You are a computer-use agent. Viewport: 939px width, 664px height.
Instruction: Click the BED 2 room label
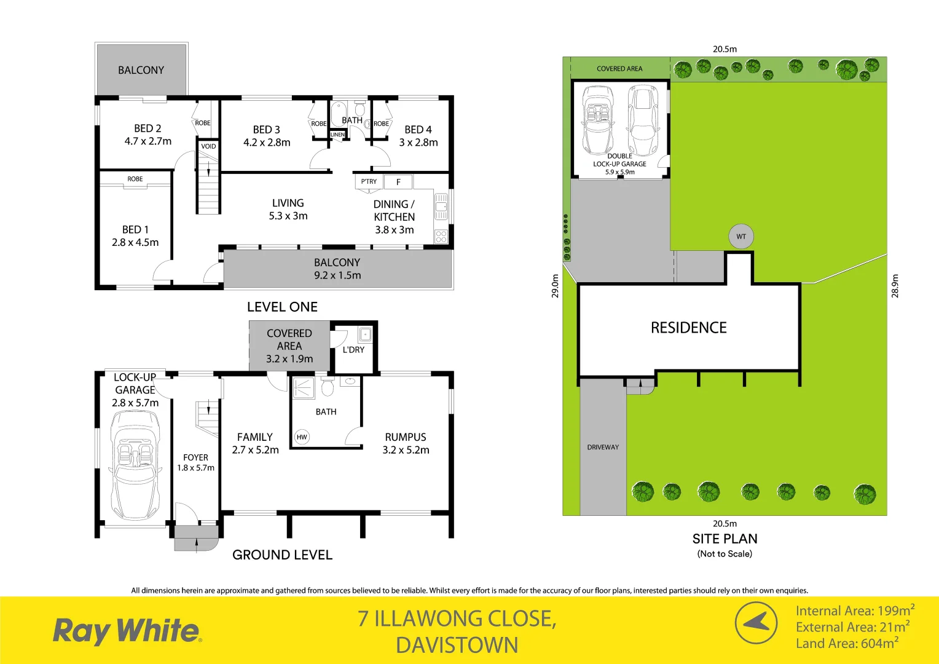click(x=147, y=128)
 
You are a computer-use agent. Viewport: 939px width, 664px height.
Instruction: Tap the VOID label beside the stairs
click(x=208, y=146)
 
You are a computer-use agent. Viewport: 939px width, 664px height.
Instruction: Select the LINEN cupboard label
click(x=337, y=135)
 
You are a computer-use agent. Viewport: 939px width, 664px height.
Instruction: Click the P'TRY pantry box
click(x=369, y=181)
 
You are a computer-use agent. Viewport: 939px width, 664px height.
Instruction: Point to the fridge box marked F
click(x=398, y=182)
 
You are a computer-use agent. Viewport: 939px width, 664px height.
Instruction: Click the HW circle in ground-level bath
click(x=302, y=437)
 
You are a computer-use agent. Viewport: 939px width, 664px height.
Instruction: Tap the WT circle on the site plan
click(x=741, y=237)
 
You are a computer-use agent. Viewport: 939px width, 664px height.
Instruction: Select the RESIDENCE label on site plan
click(x=688, y=328)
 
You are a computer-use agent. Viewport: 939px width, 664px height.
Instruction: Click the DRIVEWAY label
click(x=603, y=447)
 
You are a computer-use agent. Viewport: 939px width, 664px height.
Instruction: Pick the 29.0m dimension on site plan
click(x=556, y=286)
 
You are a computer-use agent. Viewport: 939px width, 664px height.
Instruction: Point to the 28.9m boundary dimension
click(x=895, y=286)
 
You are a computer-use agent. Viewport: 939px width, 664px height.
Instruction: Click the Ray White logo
click(x=127, y=631)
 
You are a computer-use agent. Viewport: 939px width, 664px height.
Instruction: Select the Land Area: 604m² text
click(x=847, y=643)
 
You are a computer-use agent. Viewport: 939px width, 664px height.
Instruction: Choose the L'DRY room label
click(x=353, y=350)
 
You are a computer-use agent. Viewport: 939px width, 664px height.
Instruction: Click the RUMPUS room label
click(x=406, y=437)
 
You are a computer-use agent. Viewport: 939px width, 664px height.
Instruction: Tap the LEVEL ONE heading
click(x=282, y=307)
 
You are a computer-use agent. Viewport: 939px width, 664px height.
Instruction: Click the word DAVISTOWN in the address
click(x=457, y=646)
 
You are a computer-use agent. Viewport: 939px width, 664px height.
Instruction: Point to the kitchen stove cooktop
click(x=441, y=236)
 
